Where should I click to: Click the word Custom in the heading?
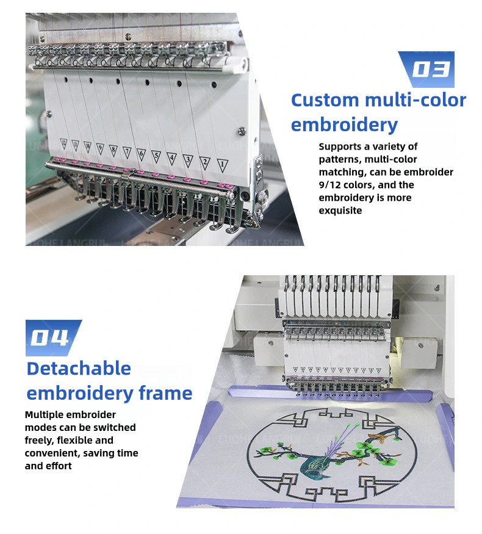[x=325, y=100]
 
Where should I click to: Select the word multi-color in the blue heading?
[x=415, y=100]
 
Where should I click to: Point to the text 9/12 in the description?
[x=333, y=185]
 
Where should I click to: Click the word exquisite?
[x=340, y=211]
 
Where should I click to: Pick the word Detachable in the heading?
[x=79, y=369]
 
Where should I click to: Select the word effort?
[x=56, y=466]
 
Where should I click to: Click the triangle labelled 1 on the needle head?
[x=222, y=164]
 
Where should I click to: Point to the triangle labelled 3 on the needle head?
[x=189, y=160]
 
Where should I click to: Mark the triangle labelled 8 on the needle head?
[x=113, y=150]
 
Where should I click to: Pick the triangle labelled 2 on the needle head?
[x=206, y=162]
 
